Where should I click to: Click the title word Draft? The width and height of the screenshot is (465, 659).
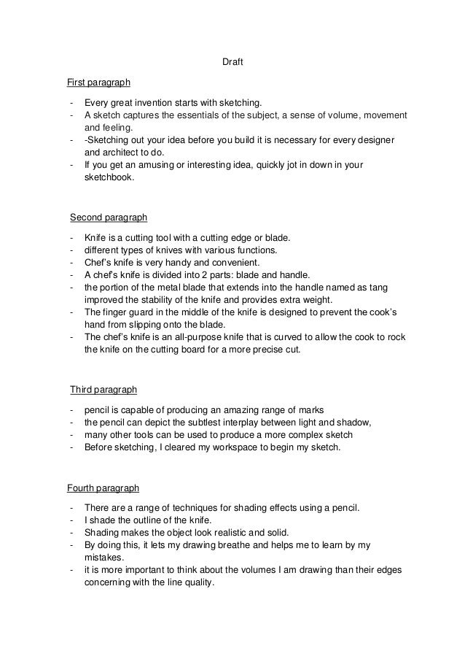coord(232,63)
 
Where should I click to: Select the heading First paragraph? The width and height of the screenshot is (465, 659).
coord(98,82)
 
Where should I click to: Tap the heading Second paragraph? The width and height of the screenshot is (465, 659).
coord(109,217)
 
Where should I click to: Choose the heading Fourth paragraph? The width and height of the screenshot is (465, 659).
coord(103,487)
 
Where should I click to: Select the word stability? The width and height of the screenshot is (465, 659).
coord(155,300)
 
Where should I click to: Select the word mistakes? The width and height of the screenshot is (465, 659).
coord(105,558)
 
